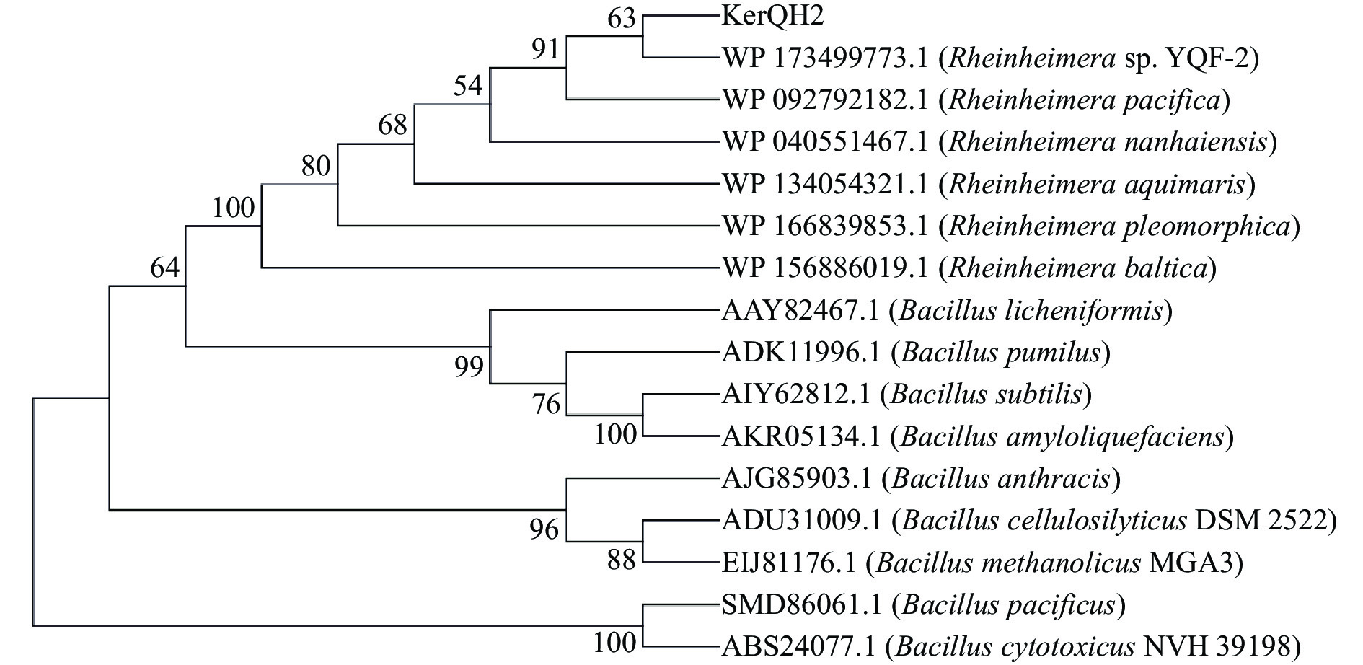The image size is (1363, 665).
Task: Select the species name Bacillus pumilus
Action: tap(1001, 353)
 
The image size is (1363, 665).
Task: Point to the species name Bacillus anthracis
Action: tap(1005, 479)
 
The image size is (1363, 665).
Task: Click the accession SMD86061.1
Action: tap(801, 605)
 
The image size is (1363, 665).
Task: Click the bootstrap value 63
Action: tap(622, 18)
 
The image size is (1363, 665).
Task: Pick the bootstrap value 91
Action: tap(546, 49)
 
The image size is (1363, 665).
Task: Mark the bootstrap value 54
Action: tap(468, 86)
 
